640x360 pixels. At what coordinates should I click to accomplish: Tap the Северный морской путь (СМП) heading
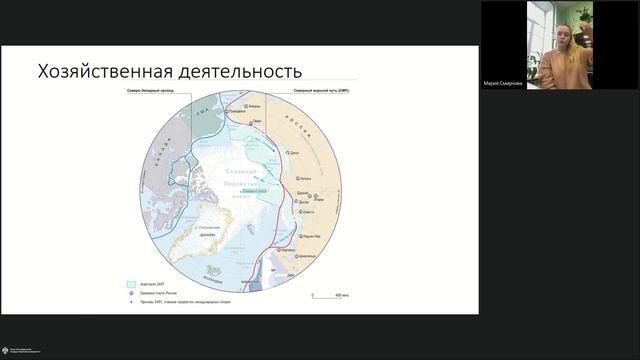[x=320, y=89]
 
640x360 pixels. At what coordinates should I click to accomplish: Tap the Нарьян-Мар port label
[x=311, y=235]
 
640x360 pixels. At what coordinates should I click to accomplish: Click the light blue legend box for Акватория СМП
[x=131, y=283]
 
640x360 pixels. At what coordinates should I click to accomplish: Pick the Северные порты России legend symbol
[x=131, y=292]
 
